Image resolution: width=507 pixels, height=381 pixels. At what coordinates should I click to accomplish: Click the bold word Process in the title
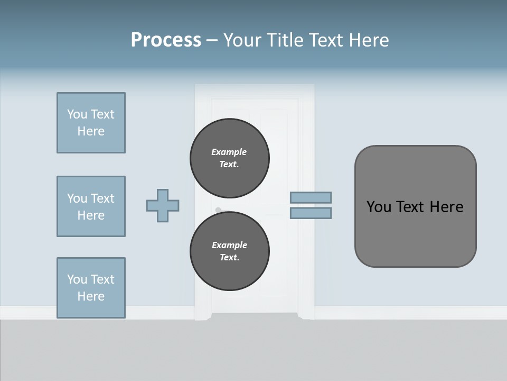pos(166,40)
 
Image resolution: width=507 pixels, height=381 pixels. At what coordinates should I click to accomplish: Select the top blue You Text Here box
pos(91,123)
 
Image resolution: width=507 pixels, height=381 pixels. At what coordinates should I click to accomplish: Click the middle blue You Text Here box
pos(91,206)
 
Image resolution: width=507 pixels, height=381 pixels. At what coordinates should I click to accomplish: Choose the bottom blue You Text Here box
pos(91,288)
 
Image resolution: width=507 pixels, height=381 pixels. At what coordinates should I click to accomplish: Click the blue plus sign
pos(163,205)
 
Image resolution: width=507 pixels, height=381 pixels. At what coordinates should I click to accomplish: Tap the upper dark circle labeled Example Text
pos(230,158)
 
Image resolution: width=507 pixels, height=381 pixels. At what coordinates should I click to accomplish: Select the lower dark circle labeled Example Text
pos(230,251)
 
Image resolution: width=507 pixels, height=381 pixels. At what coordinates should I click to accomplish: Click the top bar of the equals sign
pos(311,197)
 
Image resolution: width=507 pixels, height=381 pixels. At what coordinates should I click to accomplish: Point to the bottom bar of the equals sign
pos(311,213)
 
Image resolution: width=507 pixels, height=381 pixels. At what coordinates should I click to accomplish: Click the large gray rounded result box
pos(415,233)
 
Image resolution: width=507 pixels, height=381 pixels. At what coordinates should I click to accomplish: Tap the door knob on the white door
pos(218,210)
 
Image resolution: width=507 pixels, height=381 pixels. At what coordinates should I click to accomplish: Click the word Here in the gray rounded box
pos(446,207)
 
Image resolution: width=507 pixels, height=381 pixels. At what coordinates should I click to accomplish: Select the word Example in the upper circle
pos(229,152)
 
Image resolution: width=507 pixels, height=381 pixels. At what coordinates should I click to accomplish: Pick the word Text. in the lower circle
pos(229,257)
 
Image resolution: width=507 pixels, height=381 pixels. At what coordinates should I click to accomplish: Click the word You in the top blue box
pos(77,114)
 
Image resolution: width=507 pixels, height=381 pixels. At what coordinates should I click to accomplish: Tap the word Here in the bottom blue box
pos(91,296)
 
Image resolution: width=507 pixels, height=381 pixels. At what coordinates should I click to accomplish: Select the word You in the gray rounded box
pos(379,207)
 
